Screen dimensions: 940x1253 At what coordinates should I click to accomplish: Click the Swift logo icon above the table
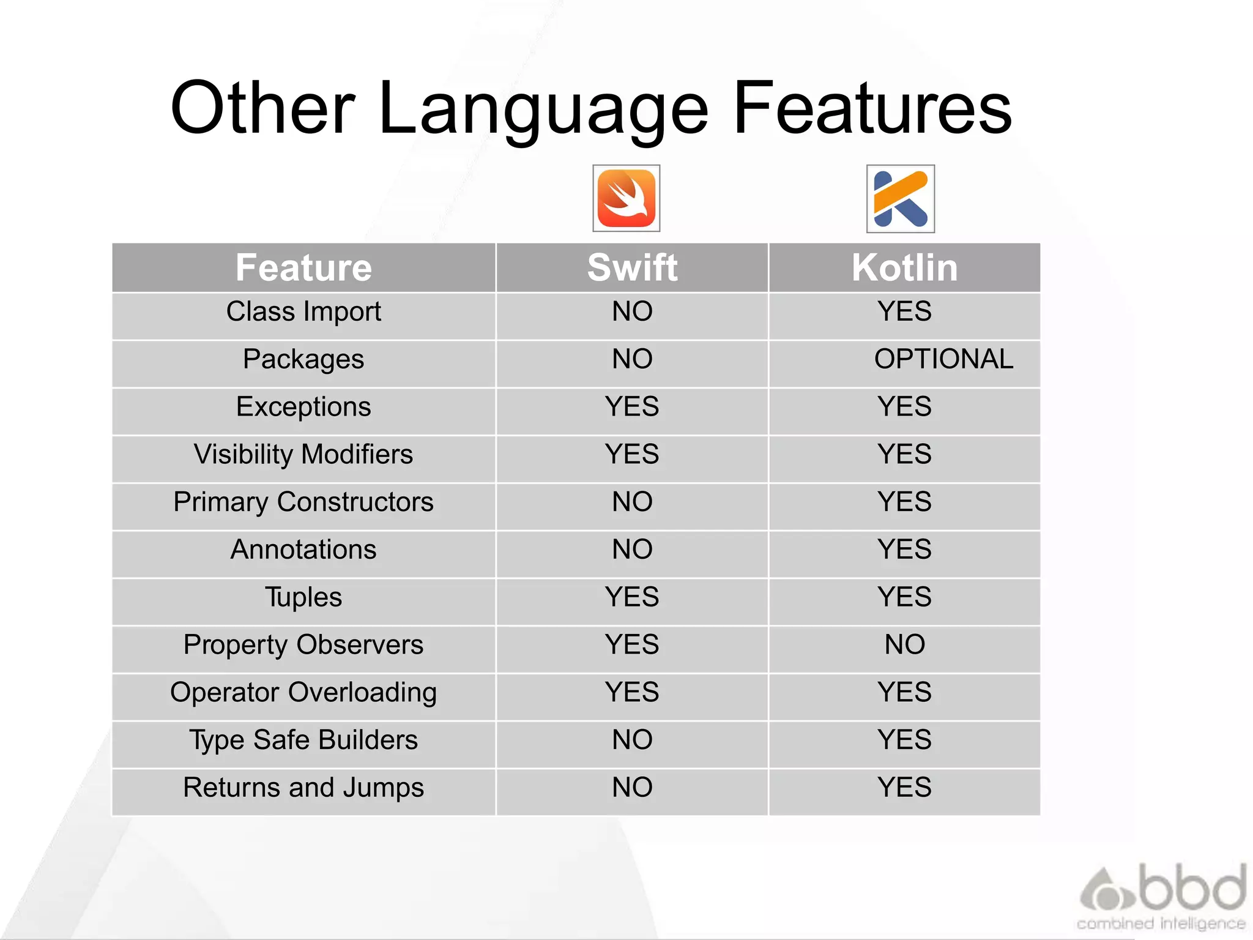pos(626,198)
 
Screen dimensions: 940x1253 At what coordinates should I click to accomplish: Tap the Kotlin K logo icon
pos(901,199)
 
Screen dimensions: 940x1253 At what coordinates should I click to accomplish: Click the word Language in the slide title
pos(543,109)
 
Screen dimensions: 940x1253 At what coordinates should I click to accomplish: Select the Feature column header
pos(303,267)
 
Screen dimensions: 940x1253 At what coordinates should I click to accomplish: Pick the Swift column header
pos(632,267)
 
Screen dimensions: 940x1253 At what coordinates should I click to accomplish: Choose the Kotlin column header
pos(904,267)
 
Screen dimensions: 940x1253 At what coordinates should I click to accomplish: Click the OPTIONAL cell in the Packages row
pos(943,359)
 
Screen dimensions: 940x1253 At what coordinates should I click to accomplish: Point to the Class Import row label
pos(303,311)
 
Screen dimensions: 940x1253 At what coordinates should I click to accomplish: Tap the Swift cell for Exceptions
pos(632,406)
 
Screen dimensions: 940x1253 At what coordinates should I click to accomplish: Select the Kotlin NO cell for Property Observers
pos(904,644)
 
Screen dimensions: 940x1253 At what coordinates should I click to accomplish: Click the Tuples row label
pos(303,597)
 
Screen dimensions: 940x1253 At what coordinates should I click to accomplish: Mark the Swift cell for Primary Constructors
pos(632,502)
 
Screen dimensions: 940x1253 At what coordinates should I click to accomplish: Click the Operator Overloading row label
pos(303,692)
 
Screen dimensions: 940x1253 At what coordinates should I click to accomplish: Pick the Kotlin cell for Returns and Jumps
pos(904,787)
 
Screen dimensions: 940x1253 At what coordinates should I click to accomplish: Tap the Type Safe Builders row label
pos(303,740)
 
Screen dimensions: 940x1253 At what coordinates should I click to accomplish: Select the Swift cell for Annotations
pos(632,549)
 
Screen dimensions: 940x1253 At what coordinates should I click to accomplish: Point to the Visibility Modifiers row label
pos(303,454)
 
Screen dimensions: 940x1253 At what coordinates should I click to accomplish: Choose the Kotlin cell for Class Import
pos(904,311)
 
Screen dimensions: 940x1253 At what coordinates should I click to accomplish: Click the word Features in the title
pos(872,109)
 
